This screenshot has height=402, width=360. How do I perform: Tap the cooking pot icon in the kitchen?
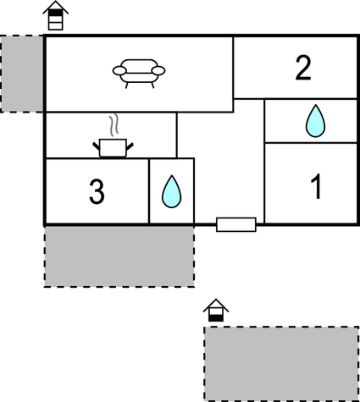click(x=113, y=147)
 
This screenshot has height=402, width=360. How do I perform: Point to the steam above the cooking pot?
click(x=114, y=125)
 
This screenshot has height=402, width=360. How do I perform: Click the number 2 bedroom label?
click(x=303, y=68)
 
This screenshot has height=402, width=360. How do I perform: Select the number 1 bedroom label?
click(x=316, y=186)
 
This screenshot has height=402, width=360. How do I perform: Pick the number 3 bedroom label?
click(x=97, y=191)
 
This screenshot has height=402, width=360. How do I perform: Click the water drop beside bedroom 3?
click(x=171, y=191)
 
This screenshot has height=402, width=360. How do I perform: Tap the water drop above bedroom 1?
click(x=315, y=121)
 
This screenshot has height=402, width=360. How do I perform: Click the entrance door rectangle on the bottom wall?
click(x=236, y=224)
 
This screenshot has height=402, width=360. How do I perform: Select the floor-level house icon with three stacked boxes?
click(x=55, y=15)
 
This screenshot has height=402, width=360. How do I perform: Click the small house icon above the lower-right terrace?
click(x=216, y=311)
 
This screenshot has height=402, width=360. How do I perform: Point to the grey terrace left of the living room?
click(x=22, y=74)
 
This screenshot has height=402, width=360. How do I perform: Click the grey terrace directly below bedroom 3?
click(x=119, y=256)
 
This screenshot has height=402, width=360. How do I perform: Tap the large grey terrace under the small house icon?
click(x=281, y=363)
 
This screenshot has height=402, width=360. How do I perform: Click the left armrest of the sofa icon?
click(x=119, y=70)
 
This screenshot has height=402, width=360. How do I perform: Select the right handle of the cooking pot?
click(x=130, y=146)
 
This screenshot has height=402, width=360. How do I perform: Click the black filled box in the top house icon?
click(x=55, y=13)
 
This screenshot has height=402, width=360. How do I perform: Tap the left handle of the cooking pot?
click(x=97, y=146)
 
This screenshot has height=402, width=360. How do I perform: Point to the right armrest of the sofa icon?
click(x=158, y=70)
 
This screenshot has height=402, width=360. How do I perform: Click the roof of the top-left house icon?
click(x=55, y=6)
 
